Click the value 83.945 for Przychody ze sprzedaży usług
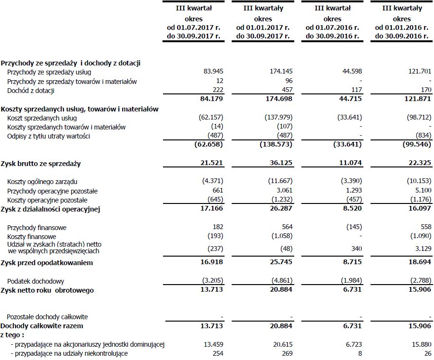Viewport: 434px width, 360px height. click(213, 72)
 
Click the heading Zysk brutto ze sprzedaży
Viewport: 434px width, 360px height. click(41, 164)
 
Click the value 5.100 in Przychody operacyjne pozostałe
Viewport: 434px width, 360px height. click(422, 191)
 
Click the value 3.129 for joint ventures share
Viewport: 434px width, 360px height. click(422, 250)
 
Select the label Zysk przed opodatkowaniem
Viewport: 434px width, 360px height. click(46, 263)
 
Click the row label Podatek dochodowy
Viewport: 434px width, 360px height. click(36, 281)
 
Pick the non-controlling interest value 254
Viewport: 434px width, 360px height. click(217, 353)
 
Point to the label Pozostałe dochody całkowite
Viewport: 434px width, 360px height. click(47, 317)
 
